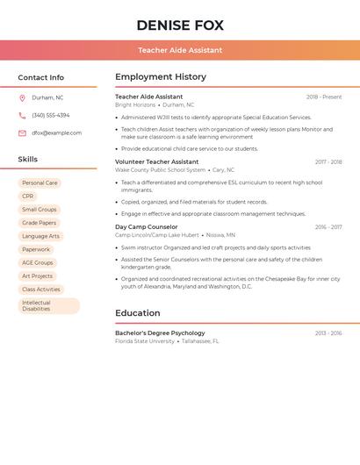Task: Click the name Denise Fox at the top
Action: (x=180, y=25)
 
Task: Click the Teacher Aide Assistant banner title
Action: (x=180, y=50)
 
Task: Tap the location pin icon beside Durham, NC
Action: (x=22, y=97)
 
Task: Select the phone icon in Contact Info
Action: (x=22, y=115)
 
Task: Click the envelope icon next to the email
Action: (x=22, y=132)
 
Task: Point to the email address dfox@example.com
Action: (x=56, y=132)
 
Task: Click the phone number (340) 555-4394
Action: (x=51, y=115)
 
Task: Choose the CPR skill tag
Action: (x=28, y=197)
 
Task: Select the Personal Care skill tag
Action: (x=40, y=183)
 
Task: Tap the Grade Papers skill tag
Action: (x=40, y=223)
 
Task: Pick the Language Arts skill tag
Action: (x=40, y=236)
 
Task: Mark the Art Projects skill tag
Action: (x=38, y=275)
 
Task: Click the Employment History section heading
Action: (x=161, y=77)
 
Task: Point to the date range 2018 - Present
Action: (x=324, y=97)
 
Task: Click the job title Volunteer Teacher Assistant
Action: (x=156, y=161)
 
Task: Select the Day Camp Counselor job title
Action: (x=146, y=227)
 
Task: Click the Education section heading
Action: (x=138, y=313)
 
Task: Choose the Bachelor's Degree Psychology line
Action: (x=160, y=333)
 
